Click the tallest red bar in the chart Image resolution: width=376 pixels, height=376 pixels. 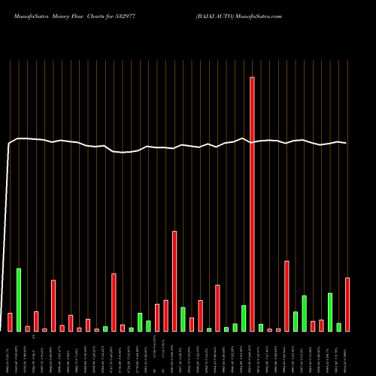tap(252, 204)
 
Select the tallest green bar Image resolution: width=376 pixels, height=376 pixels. tap(19, 299)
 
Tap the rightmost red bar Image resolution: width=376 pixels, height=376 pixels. tap(347, 305)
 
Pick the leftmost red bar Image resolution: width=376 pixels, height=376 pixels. tap(10, 322)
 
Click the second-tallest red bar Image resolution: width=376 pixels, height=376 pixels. tap(174, 281)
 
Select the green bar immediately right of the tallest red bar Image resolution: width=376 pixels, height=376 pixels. tap(261, 327)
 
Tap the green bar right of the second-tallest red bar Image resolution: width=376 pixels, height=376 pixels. tap(183, 319)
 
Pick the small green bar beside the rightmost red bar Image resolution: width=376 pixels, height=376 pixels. tap(339, 327)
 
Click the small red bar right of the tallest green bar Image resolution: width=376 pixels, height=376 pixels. tap(27, 329)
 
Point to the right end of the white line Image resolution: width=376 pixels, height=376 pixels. tap(346, 143)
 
